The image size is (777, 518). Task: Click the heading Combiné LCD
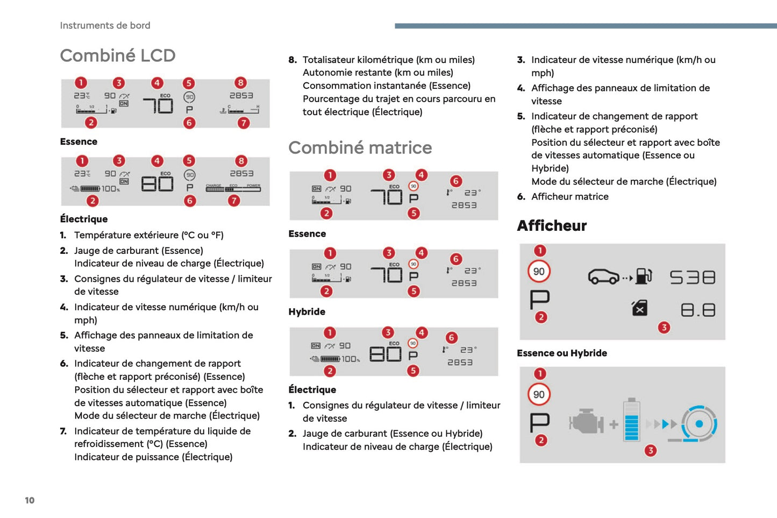point(118,55)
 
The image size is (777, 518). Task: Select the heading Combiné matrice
point(360,147)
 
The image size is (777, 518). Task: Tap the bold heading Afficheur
point(552,225)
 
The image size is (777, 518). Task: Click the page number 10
point(30,500)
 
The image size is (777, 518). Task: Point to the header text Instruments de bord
point(105,25)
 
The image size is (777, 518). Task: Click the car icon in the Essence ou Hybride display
point(604,276)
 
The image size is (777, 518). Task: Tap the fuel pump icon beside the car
point(644,276)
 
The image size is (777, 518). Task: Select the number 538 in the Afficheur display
point(693,277)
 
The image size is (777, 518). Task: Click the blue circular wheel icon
point(699,424)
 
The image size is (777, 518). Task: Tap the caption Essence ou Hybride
point(562,353)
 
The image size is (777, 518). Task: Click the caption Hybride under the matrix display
point(306,311)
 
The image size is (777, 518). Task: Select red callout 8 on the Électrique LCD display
point(241,161)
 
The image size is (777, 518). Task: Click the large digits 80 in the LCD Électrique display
point(157,184)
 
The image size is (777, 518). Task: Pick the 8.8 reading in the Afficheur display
point(698,310)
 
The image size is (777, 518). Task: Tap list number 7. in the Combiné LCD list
point(63,431)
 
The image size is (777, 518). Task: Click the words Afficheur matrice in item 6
point(570,196)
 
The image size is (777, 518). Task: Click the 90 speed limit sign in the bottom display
point(539,394)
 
